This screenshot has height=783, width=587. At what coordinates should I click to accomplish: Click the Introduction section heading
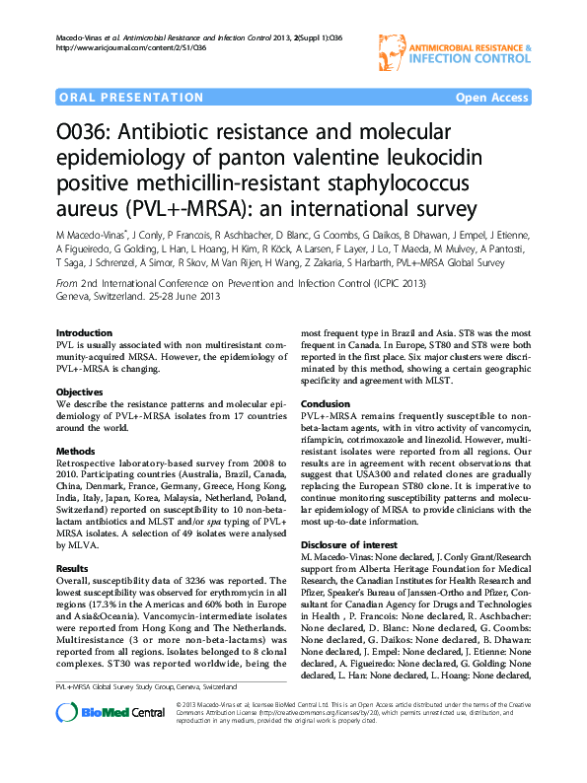[84, 333]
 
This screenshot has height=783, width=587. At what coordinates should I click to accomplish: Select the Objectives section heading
[80, 392]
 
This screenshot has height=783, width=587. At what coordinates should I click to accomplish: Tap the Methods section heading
[77, 452]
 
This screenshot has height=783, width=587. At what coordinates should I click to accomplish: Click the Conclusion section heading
[325, 404]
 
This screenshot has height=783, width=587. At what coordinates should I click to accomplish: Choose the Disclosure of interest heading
[350, 545]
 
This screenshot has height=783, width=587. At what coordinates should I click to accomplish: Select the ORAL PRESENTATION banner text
[117, 99]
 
